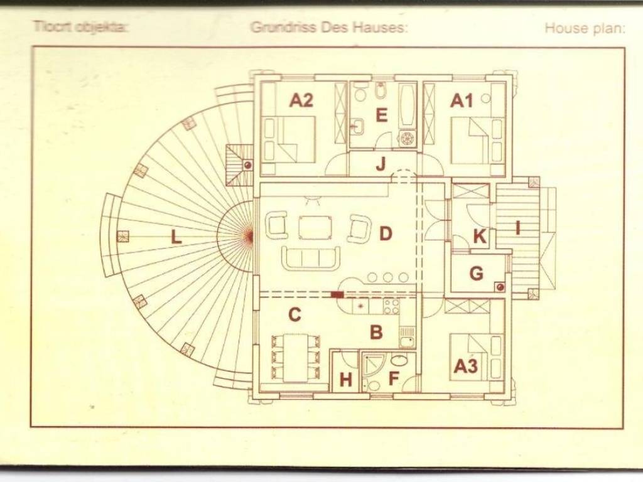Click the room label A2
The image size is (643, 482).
301,100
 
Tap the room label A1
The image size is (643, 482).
462,100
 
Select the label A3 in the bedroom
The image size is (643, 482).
465,366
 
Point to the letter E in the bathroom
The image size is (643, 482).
381,115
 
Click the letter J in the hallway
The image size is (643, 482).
381,165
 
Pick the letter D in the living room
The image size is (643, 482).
386,234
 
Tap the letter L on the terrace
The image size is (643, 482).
176,237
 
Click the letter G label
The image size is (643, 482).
477,274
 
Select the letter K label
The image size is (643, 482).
479,237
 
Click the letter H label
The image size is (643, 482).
345,379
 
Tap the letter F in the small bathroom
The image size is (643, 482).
394,379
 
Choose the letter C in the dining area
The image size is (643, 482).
294,314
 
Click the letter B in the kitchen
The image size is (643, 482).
376,332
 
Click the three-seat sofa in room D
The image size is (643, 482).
311,257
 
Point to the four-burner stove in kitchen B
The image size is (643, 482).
391,306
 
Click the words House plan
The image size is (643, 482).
584,28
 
